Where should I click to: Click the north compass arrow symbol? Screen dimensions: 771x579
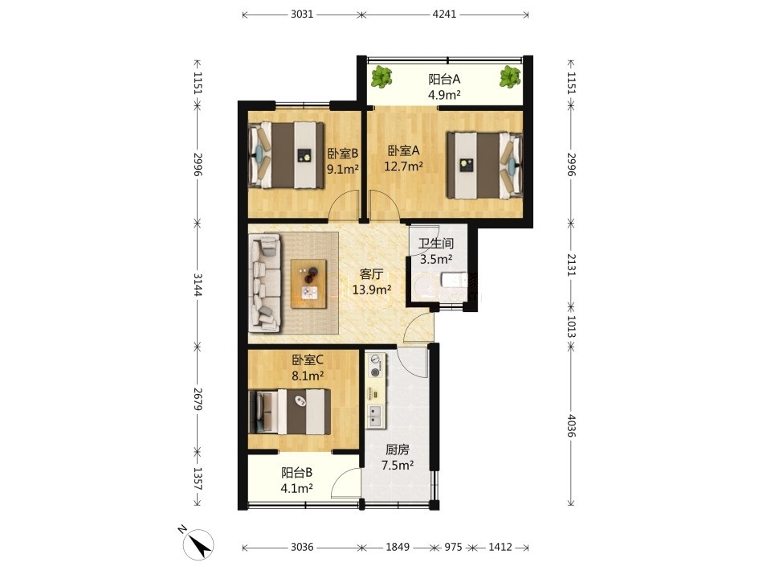(198, 544)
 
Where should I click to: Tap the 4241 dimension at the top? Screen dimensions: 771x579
(444, 14)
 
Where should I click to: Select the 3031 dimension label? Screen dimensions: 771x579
(302, 14)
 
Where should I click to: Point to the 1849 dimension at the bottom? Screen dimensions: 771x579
(398, 547)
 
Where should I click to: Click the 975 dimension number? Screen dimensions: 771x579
(453, 547)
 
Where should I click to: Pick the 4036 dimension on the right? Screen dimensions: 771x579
(571, 425)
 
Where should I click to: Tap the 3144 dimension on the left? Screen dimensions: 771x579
(198, 285)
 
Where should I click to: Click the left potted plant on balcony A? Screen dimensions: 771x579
(381, 77)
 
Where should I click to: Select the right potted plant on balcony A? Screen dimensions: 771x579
(510, 77)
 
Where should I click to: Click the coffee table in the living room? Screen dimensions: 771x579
(308, 284)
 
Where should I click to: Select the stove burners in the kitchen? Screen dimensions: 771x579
(376, 365)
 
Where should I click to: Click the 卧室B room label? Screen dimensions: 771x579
(343, 154)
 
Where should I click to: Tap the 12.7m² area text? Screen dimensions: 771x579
(404, 166)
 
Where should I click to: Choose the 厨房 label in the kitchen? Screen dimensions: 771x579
(398, 450)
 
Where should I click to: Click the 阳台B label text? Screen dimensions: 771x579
(296, 473)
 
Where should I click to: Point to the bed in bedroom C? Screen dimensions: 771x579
(290, 412)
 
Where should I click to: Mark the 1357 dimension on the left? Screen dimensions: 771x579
(198, 478)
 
